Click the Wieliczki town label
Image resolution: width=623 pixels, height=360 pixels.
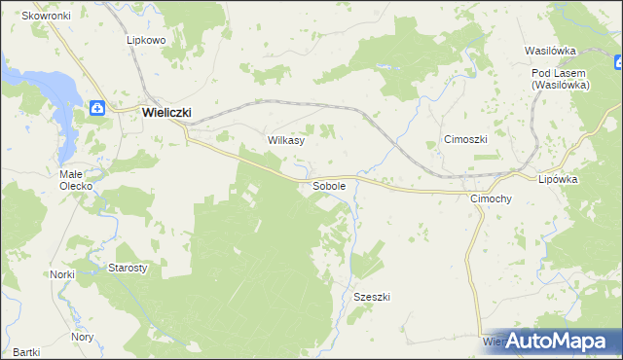tap(165, 112)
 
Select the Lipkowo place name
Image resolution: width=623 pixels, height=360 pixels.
tap(145, 41)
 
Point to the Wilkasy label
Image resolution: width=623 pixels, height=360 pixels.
tap(286, 140)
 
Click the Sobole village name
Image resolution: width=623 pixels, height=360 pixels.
tap(328, 185)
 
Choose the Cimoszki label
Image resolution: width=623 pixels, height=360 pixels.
tap(465, 139)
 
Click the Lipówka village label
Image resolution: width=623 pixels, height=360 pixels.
tap(559, 179)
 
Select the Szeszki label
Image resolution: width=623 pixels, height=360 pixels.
tap(372, 297)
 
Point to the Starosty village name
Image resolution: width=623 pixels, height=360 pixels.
tap(127, 267)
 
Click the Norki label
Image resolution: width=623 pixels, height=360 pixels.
tap(62, 274)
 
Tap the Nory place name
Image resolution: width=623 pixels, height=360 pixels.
tap(82, 337)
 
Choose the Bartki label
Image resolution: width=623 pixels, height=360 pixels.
tap(27, 352)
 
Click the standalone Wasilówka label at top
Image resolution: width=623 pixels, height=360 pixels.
tap(551, 50)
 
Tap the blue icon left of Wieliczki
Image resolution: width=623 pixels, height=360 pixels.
tap(98, 109)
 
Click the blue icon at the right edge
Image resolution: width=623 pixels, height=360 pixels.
tap(618, 63)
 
